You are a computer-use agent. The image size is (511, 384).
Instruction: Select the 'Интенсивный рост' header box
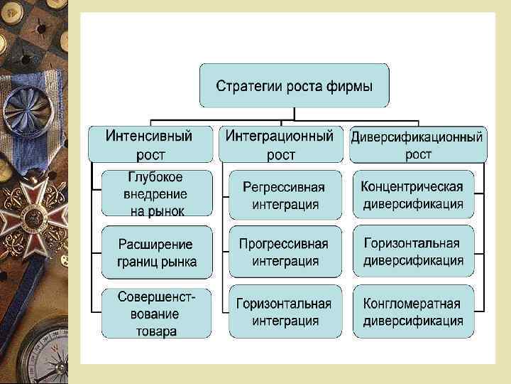coord(150,143)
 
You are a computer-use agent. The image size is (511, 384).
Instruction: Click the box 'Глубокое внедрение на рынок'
coord(157,193)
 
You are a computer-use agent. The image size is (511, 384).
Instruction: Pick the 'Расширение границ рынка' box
coord(157,252)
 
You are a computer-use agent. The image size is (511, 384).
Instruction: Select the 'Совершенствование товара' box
coord(157,312)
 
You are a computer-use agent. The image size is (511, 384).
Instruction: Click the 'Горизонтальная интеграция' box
coord(284,311)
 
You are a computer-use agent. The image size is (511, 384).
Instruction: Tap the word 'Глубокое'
coord(156,178)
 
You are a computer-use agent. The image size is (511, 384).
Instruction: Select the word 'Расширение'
coord(156,244)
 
